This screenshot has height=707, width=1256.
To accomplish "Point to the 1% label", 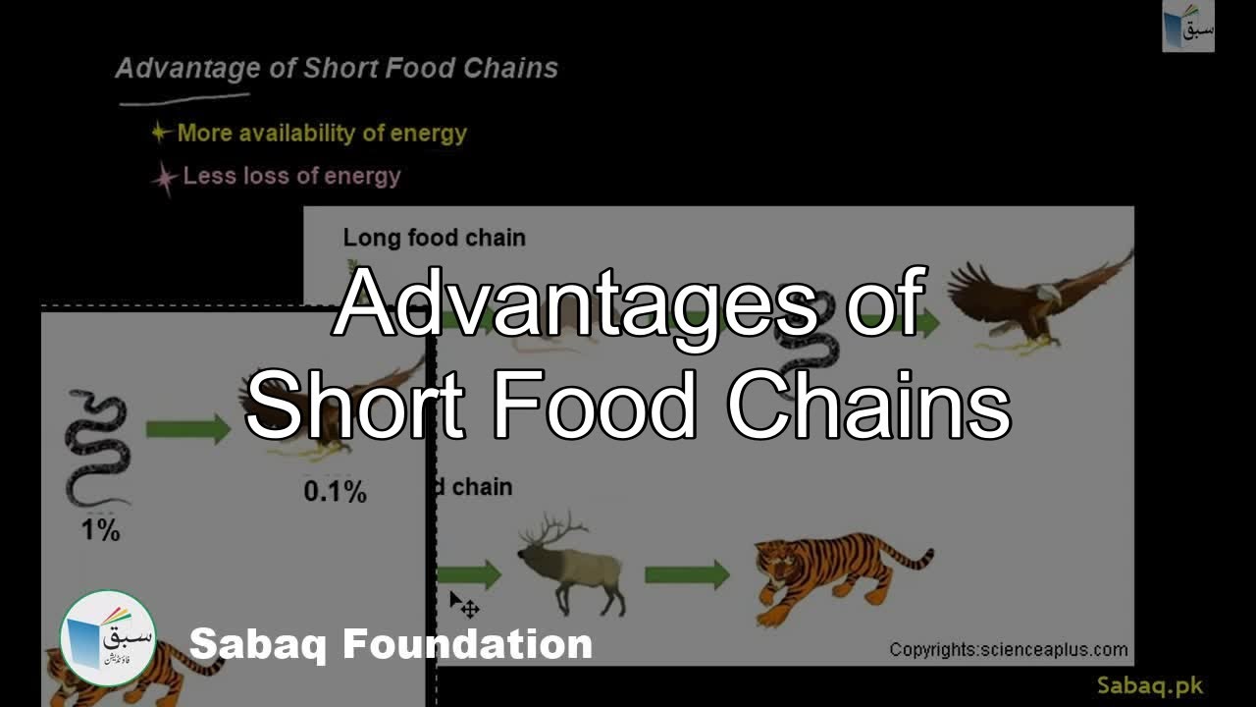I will [x=99, y=531].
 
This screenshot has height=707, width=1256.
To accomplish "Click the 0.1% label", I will [x=335, y=492].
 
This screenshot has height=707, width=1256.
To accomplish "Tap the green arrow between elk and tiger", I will [x=687, y=574].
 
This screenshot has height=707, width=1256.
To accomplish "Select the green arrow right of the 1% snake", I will [x=187, y=428].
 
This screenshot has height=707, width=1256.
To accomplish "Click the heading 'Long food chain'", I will [x=434, y=238].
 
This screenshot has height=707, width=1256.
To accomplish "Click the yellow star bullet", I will [x=161, y=133].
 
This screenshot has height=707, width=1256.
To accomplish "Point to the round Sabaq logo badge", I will [x=108, y=638].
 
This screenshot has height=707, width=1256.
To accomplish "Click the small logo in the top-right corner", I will [x=1188, y=27].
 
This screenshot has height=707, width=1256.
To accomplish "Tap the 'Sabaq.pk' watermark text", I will [x=1150, y=685].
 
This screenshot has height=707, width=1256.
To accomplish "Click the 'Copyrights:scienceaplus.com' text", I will [x=1009, y=649].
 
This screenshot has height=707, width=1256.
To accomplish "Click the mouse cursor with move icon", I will [x=463, y=605].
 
